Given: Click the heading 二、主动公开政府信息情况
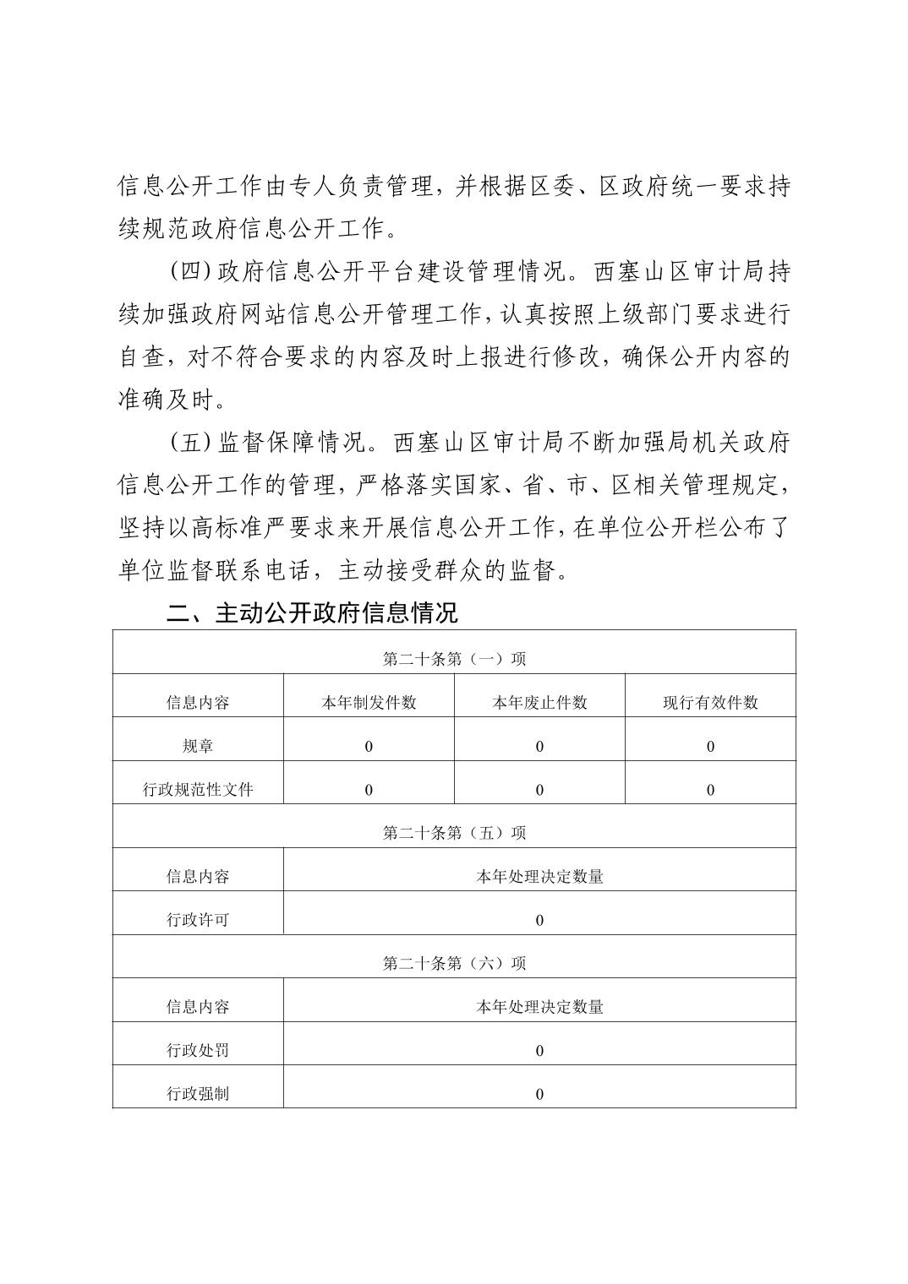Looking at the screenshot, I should (x=312, y=612).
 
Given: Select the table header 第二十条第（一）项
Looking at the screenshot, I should (x=454, y=659).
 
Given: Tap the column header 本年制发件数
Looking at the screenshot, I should (x=369, y=703).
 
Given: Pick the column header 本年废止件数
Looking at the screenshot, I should (x=539, y=703).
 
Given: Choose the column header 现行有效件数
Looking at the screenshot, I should (x=710, y=703).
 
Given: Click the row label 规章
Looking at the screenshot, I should (x=198, y=747).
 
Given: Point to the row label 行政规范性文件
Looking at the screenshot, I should (x=198, y=790).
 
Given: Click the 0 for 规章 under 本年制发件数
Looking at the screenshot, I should (x=369, y=747).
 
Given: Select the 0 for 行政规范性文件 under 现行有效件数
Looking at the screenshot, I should (x=710, y=790).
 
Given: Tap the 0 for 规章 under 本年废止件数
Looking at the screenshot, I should (x=539, y=747).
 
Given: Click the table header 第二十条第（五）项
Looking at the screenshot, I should (x=454, y=833).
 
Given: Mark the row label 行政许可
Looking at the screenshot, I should (x=198, y=920).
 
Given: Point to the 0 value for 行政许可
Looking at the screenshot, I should (x=539, y=920).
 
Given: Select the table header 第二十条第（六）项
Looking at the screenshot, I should (x=454, y=963).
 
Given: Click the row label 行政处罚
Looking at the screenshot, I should (x=198, y=1051).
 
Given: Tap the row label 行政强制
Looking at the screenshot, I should (x=198, y=1094).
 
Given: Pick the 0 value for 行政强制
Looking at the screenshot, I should (x=539, y=1094).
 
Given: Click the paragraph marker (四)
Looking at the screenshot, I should (x=189, y=272).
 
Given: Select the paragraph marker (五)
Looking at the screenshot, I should (x=189, y=443).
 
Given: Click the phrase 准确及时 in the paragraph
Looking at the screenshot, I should (x=166, y=400).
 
